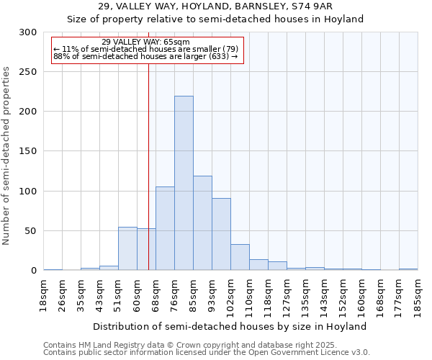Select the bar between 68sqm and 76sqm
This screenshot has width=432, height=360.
pyautogui.click(x=165, y=228)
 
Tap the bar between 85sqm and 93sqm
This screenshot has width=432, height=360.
pyautogui.click(x=202, y=223)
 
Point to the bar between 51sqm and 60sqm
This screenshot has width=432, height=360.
pyautogui.click(x=127, y=248)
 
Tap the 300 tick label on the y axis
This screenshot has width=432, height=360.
pyautogui.click(x=28, y=32)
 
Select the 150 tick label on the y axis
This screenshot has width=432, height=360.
pyautogui.click(x=28, y=151)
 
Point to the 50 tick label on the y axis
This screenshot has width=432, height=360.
pyautogui.click(x=31, y=231)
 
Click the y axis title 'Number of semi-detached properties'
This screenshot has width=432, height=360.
pyautogui.click(x=7, y=156)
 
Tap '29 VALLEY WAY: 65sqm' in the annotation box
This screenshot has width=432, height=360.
pyautogui.click(x=146, y=42)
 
